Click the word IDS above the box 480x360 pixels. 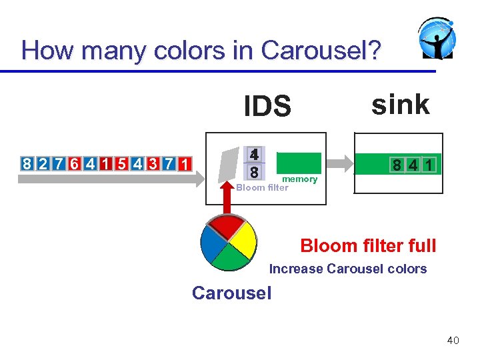tap(267, 106)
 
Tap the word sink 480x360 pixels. tap(400, 104)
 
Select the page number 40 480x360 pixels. tap(453, 341)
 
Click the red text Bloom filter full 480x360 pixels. tap(368, 245)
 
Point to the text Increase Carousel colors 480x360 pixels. tap(347, 269)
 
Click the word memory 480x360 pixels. tap(299, 179)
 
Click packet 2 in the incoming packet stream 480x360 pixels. tap(42, 164)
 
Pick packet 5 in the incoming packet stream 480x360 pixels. tap(121, 164)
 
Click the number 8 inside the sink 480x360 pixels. tap(396, 164)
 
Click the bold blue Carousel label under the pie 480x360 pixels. tap(231, 293)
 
